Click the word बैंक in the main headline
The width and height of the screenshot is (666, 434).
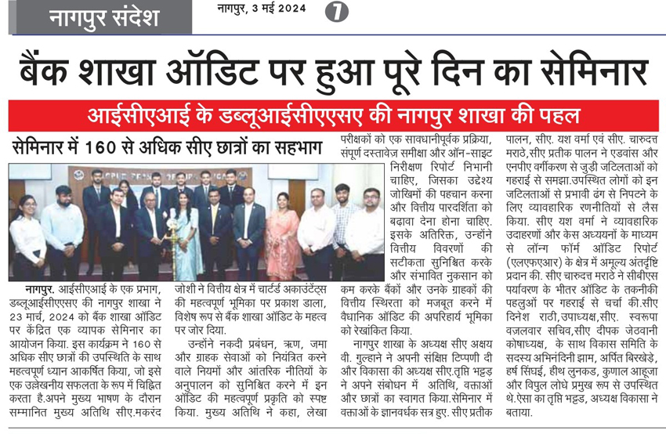(x=54, y=74)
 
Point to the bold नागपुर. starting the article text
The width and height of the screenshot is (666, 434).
(x=29, y=291)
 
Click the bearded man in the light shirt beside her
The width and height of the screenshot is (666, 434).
(x=62, y=235)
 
